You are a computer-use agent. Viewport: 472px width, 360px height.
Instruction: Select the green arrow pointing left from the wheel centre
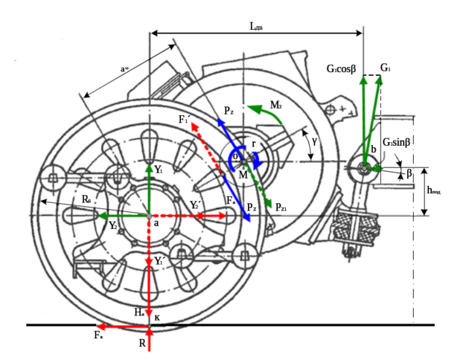coord(123,216)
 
